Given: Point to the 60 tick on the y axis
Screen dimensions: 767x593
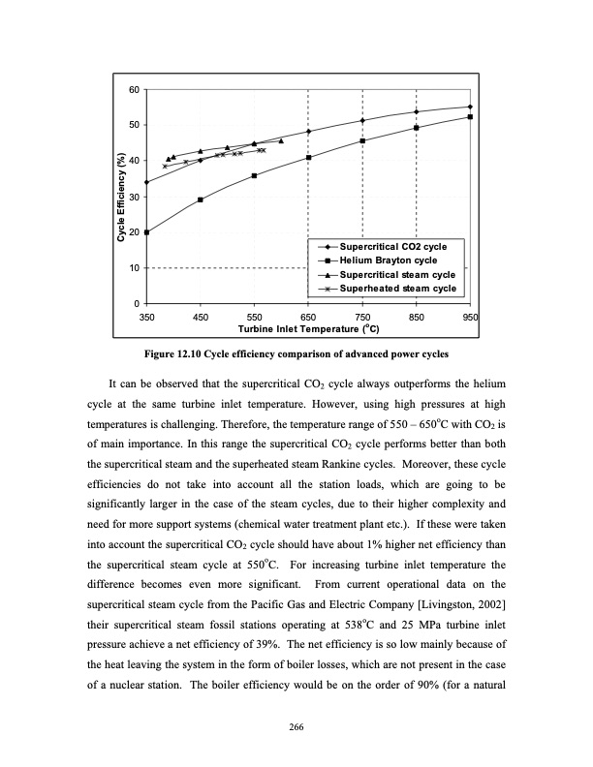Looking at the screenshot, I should [x=134, y=89].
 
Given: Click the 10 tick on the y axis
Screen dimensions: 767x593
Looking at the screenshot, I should [x=134, y=268].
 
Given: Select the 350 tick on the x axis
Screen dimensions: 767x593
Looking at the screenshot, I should [x=146, y=317].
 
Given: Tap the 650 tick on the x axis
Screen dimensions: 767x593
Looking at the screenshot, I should [x=308, y=317].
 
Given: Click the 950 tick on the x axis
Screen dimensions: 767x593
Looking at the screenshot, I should [x=470, y=317].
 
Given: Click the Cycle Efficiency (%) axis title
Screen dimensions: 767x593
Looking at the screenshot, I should [x=122, y=197].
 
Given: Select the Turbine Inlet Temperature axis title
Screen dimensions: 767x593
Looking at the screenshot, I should [x=307, y=329].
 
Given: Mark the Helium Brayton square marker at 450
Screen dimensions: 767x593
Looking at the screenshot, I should [x=201, y=199].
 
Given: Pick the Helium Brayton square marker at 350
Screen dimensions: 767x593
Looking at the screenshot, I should [x=146, y=232].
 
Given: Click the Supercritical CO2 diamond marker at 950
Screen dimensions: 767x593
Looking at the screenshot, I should [x=470, y=107].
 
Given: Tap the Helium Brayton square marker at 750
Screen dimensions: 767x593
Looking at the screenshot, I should [x=362, y=140].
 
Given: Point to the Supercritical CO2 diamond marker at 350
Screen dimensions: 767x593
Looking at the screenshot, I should [x=146, y=182].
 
